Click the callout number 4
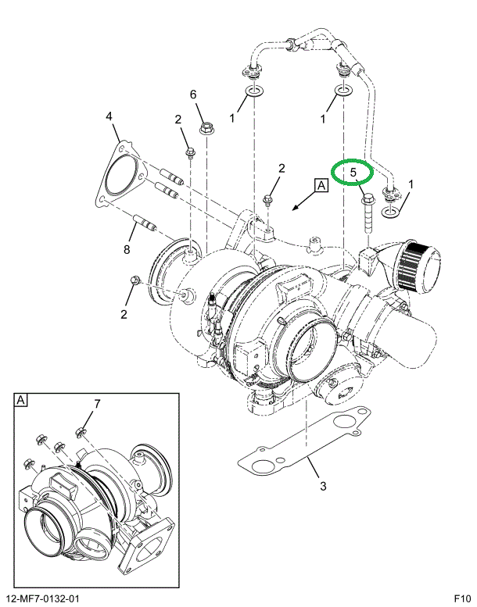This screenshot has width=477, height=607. point(110,117)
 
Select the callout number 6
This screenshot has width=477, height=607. point(192,95)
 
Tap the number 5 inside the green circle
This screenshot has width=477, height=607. point(353,172)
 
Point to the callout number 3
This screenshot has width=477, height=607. point(321,489)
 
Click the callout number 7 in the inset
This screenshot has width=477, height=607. point(98,403)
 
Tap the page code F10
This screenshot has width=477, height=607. point(461,598)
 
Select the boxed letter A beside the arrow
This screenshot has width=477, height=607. point(321,186)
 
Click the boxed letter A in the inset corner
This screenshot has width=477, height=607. point(20,400)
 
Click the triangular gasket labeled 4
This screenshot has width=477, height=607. point(118,175)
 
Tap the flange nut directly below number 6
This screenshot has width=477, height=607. point(206,126)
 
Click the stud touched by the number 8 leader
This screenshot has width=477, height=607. point(145,226)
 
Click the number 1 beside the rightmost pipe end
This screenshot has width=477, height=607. point(411,185)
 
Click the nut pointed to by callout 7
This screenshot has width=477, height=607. point(80,431)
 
